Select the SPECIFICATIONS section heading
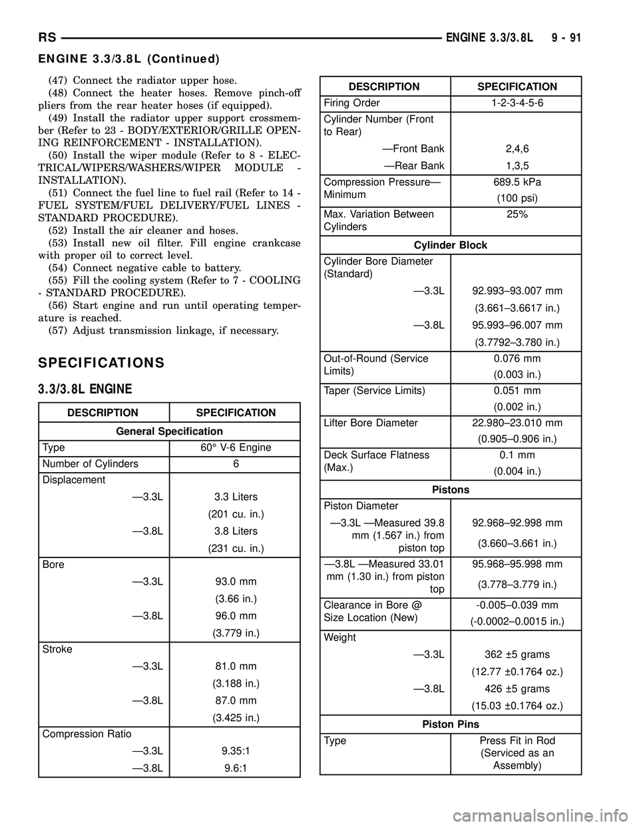pyautogui.click(x=101, y=363)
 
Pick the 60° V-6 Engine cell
pyautogui.click(x=236, y=447)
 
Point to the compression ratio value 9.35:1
pyautogui.click(x=236, y=750)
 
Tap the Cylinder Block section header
pyautogui.click(x=451, y=245)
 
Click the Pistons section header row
pyautogui.click(x=451, y=489)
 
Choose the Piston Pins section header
pyautogui.click(x=451, y=724)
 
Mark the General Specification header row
pyautogui.click(x=169, y=431)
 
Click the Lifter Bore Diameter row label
pyautogui.click(x=371, y=423)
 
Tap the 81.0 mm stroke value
pyautogui.click(x=236, y=666)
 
